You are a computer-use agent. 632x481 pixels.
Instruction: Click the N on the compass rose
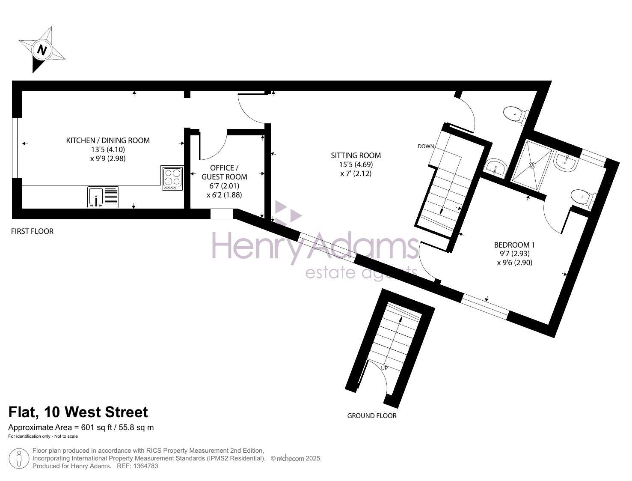pyautogui.click(x=42, y=50)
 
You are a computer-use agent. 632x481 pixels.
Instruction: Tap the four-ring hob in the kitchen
pyautogui.click(x=172, y=178)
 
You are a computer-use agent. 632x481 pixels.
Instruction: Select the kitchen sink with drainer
pyautogui.click(x=103, y=197)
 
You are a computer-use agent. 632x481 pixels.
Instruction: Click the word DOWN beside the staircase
pyautogui.click(x=426, y=146)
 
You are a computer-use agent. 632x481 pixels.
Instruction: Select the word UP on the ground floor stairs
pyautogui.click(x=384, y=368)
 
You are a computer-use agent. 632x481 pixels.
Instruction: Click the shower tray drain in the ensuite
pyautogui.click(x=532, y=165)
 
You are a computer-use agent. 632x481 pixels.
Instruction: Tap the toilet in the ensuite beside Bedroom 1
pyautogui.click(x=583, y=199)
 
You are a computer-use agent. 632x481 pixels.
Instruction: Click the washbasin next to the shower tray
pyautogui.click(x=566, y=161)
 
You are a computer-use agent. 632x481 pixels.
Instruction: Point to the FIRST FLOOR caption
pyautogui.click(x=32, y=231)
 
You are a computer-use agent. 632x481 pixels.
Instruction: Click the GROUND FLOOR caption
pyautogui.click(x=372, y=416)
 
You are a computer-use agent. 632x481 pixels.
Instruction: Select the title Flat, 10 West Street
pyautogui.click(x=78, y=412)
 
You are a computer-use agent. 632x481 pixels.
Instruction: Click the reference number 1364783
pyautogui.click(x=145, y=466)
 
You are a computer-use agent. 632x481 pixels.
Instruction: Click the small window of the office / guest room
pyautogui.click(x=221, y=214)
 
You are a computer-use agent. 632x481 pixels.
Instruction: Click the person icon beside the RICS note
pyautogui.click(x=19, y=458)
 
